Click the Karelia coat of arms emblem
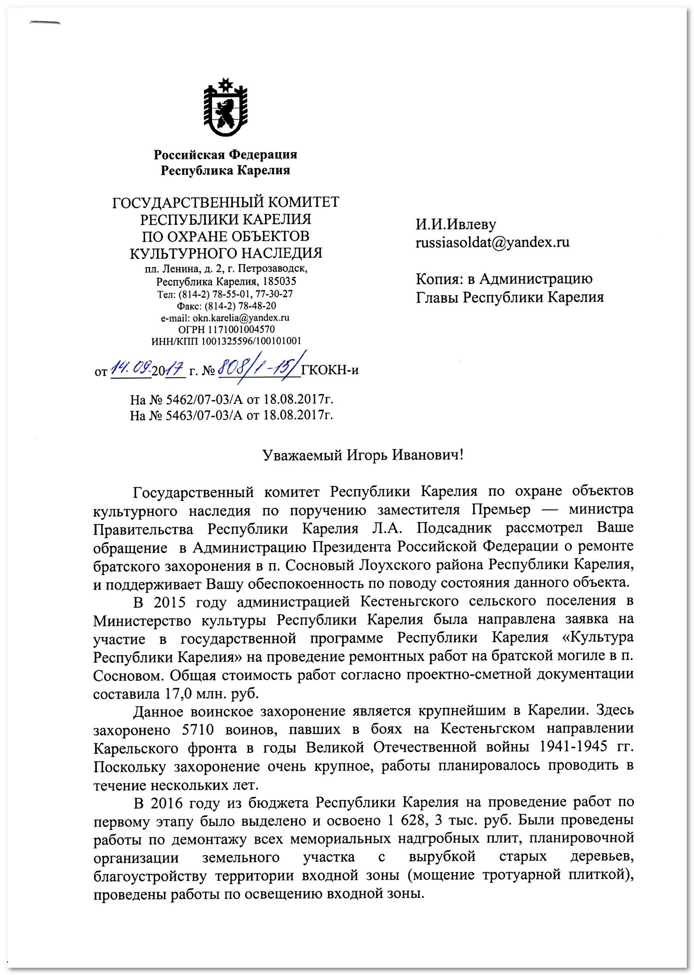(x=225, y=107)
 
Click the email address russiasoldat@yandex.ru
(x=492, y=242)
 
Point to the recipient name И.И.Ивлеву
(x=456, y=224)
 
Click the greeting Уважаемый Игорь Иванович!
(x=363, y=455)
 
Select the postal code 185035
(x=279, y=282)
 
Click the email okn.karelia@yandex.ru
(x=241, y=318)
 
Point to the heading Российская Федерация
(x=225, y=154)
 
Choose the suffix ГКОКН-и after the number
(x=330, y=370)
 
